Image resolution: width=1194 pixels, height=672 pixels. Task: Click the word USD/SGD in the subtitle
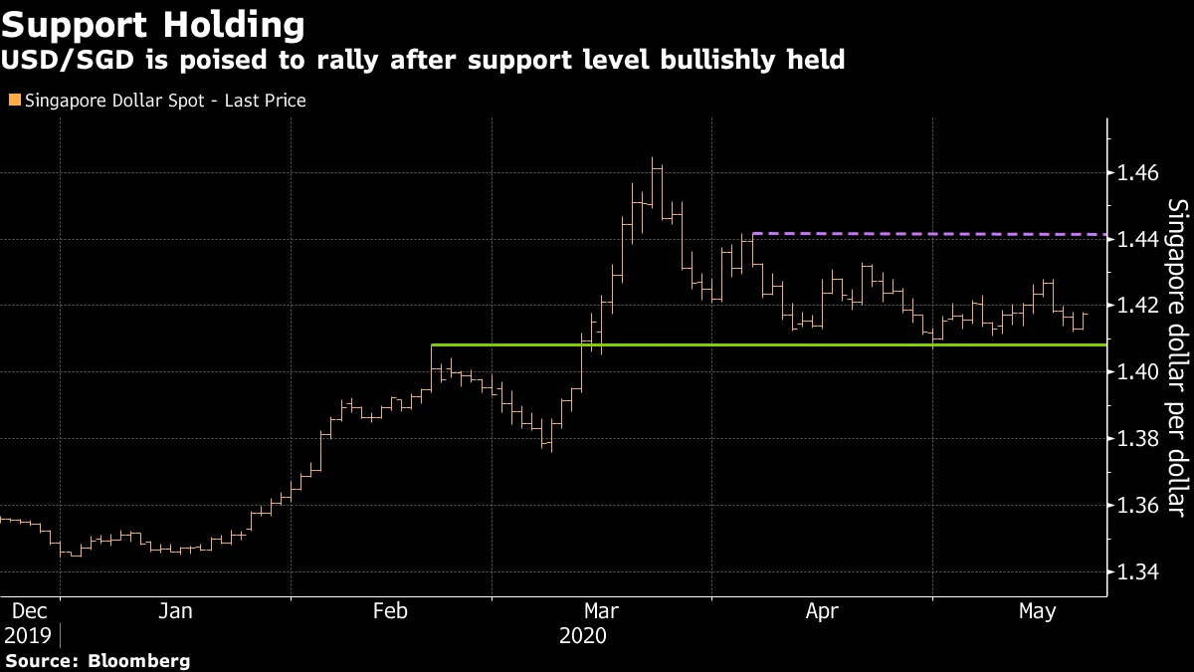[59, 61]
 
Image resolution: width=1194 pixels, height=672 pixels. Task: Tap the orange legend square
[14, 100]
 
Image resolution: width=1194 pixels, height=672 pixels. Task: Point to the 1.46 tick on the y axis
[1137, 173]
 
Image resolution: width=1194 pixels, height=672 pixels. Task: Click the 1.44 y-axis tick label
[1137, 240]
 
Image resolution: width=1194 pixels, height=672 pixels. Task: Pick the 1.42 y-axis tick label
[1137, 306]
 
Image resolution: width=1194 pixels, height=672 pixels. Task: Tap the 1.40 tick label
[1137, 372]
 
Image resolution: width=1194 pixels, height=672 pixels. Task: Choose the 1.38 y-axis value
[1137, 439]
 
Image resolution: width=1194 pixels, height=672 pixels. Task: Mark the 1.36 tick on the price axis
[1137, 506]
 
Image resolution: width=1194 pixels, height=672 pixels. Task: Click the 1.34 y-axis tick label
[1137, 572]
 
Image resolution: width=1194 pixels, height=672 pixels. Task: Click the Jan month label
[175, 611]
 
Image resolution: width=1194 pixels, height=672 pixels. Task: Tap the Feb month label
[390, 611]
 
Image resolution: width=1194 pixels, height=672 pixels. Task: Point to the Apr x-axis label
[822, 611]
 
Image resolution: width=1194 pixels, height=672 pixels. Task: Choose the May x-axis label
[1038, 611]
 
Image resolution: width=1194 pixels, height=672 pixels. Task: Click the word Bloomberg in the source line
[138, 661]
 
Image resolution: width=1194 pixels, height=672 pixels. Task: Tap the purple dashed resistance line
[935, 234]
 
